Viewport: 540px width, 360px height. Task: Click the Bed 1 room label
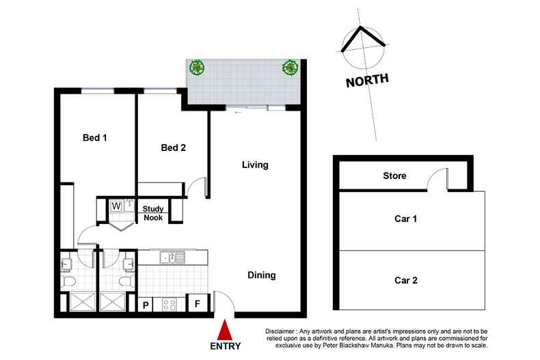(95, 138)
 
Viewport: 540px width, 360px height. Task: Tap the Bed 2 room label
(174, 148)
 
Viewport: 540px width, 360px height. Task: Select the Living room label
(254, 165)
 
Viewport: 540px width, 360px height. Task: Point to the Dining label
(261, 275)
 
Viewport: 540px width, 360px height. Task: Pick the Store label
(394, 176)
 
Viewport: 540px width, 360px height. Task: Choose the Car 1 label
(405, 219)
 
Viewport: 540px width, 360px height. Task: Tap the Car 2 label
(405, 280)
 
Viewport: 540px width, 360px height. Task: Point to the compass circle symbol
(363, 48)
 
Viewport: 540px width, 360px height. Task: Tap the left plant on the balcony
(197, 67)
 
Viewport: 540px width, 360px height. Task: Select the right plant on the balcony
(290, 67)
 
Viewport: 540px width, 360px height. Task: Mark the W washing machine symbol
(116, 205)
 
